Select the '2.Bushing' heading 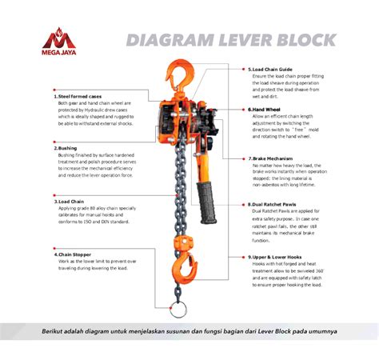pos(66,148)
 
